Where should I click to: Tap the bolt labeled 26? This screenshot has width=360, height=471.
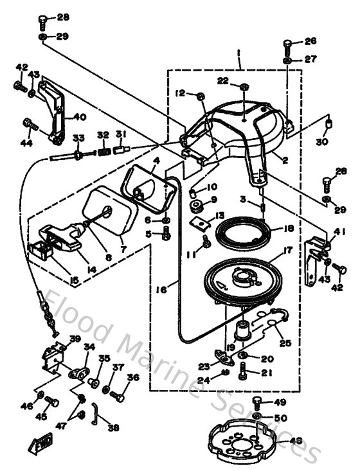pos(287,45)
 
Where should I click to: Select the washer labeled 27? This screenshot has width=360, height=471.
pos(287,60)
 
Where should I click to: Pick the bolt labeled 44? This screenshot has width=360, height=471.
pos(28,122)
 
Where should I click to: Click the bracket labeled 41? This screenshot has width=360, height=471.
pos(315,257)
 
